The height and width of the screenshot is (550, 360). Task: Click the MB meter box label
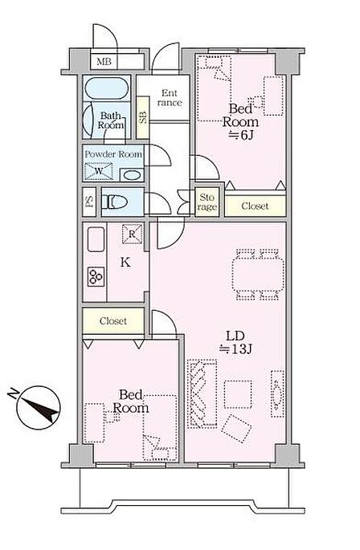pyautogui.click(x=104, y=62)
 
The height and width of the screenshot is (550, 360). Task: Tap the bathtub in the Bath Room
pyautogui.click(x=107, y=88)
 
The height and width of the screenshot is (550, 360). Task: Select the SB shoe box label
pyautogui.click(x=143, y=117)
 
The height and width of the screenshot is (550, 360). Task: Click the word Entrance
pyautogui.click(x=170, y=98)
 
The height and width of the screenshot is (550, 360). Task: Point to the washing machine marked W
pyautogui.click(x=99, y=171)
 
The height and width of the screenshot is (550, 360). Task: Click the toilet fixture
pyautogui.click(x=114, y=202)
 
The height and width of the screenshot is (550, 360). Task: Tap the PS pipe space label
pyautogui.click(x=89, y=202)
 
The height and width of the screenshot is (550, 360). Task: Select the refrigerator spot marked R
pyautogui.click(x=132, y=234)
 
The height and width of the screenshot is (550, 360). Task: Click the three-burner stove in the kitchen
pyautogui.click(x=96, y=277)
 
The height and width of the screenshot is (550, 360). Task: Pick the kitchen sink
pyautogui.click(x=96, y=239)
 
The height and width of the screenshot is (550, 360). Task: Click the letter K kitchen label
pyautogui.click(x=125, y=262)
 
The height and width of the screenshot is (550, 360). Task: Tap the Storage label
pyautogui.click(x=207, y=202)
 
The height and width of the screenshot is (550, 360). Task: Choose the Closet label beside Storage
pyautogui.click(x=255, y=206)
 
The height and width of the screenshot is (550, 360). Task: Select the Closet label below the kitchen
pyautogui.click(x=113, y=321)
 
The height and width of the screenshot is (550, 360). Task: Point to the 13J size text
pyautogui.click(x=235, y=349)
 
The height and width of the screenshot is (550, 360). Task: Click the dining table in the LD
pyautogui.click(x=258, y=275)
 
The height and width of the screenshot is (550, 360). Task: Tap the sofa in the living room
pyautogui.click(x=202, y=393)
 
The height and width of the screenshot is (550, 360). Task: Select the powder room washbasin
pyautogui.click(x=132, y=175)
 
